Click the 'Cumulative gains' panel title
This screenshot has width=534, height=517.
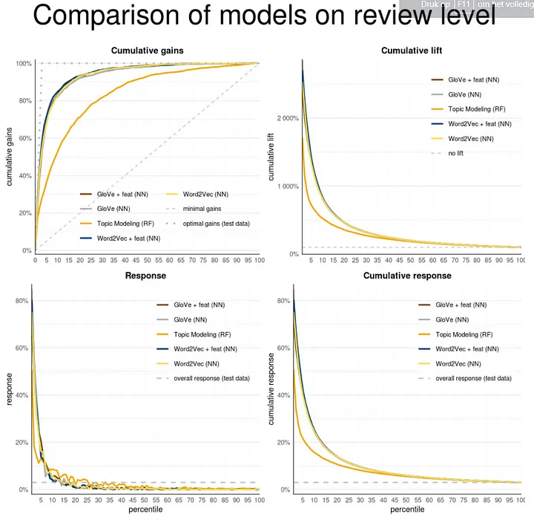tap(147, 51)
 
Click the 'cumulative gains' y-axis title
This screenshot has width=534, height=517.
tap(10, 157)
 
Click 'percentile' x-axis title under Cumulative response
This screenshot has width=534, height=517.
tap(408, 510)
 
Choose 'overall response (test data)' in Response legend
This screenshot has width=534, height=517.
tap(212, 378)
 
